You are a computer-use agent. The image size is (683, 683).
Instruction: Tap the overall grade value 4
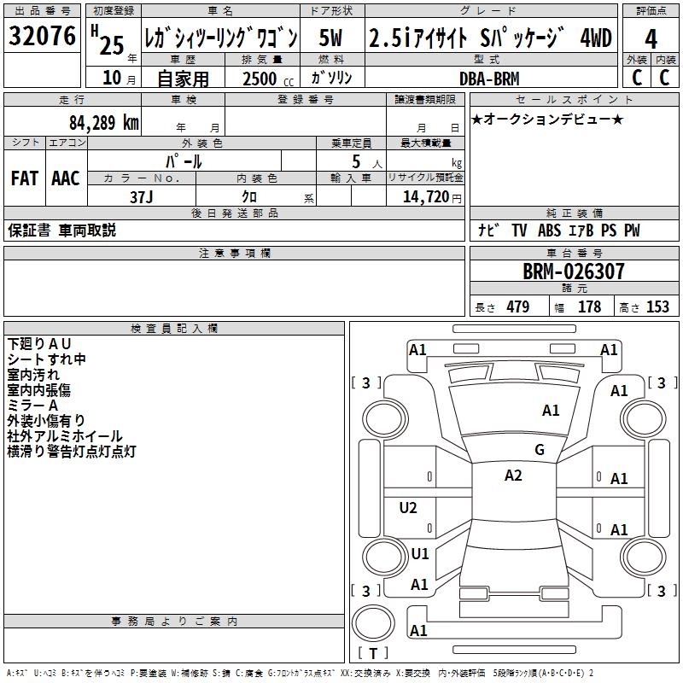pos(651,39)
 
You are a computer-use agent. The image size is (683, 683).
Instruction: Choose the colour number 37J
pos(141,196)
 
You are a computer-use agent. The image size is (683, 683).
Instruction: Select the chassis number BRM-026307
pos(573,271)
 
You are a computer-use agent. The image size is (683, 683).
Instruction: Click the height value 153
pos(657,307)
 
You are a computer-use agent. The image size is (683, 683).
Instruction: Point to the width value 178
pos(589,307)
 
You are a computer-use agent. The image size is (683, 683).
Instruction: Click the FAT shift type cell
pos(25,178)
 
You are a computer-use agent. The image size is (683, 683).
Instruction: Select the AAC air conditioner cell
pos(66,178)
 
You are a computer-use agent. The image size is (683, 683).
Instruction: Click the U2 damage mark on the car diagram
pos(408,508)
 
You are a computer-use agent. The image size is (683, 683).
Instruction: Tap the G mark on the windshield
pos(539,449)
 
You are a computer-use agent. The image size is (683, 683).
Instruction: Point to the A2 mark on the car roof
pos(513,476)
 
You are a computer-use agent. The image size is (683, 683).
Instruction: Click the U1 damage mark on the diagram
pos(419,553)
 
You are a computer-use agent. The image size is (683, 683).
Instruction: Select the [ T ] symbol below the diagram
pos(373,653)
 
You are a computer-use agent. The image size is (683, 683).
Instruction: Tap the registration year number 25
pos(112,43)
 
